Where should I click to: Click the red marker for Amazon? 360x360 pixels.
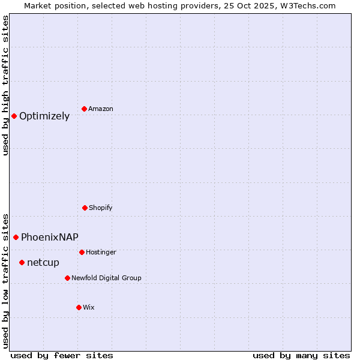pyautogui.click(x=84, y=109)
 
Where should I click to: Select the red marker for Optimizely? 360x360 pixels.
pyautogui.click(x=14, y=116)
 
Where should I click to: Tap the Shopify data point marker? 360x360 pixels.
pyautogui.click(x=85, y=208)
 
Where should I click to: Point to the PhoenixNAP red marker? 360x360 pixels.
pyautogui.click(x=16, y=237)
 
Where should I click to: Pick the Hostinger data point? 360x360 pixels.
pyautogui.click(x=82, y=252)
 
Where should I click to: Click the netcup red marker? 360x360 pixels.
pyautogui.click(x=22, y=262)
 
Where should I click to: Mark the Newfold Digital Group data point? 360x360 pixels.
pyautogui.click(x=67, y=278)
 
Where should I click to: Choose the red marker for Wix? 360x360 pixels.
pyautogui.click(x=79, y=307)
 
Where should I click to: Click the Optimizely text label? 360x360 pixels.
pyautogui.click(x=44, y=116)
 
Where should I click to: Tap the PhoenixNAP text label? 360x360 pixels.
pyautogui.click(x=50, y=237)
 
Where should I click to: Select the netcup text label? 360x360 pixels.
pyautogui.click(x=43, y=262)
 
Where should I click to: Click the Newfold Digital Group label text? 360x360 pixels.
pyautogui.click(x=106, y=278)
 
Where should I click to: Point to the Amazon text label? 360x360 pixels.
pyautogui.click(x=101, y=109)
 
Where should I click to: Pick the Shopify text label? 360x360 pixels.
pyautogui.click(x=101, y=208)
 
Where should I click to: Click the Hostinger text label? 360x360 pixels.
pyautogui.click(x=101, y=252)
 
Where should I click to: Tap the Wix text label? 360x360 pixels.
pyautogui.click(x=89, y=307)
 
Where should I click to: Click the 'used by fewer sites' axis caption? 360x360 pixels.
pyautogui.click(x=62, y=355)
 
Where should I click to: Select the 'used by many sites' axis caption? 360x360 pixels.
pyautogui.click(x=301, y=355)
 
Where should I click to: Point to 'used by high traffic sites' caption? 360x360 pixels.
pyautogui.click(x=6, y=86)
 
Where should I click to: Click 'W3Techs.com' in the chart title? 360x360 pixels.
pyautogui.click(x=307, y=5)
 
